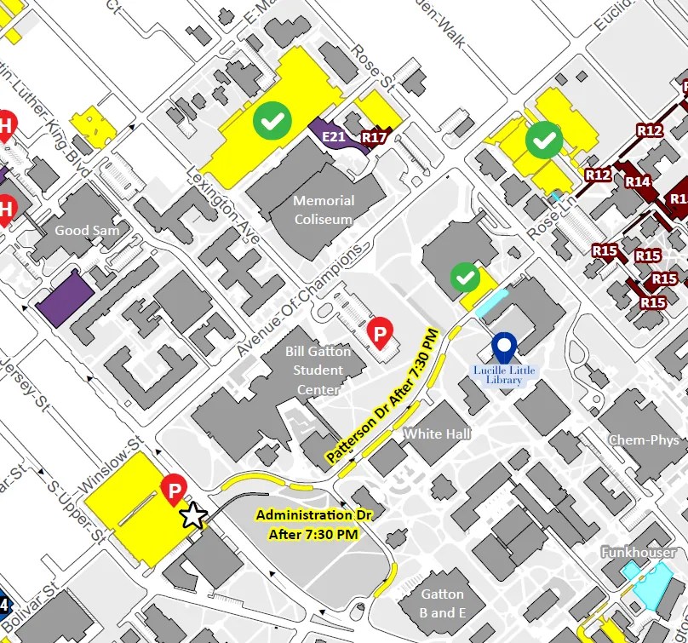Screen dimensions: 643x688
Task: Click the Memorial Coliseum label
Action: [323, 210]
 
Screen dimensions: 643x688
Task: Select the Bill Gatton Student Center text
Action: [318, 370]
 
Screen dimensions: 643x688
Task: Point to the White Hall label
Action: [437, 434]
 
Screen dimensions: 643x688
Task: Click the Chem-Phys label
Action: [644, 440]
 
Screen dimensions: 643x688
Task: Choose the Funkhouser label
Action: [638, 553]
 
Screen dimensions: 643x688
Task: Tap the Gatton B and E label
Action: [443, 603]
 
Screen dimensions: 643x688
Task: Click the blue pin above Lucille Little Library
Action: [505, 347]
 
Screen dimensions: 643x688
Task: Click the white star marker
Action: [193, 515]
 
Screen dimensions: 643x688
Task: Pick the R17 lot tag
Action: [374, 136]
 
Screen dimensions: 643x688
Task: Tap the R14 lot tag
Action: [638, 181]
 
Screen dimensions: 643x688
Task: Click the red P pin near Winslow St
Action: [174, 490]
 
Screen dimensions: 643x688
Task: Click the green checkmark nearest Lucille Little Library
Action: [464, 277]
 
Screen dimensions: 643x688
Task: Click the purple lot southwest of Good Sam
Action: [66, 298]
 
